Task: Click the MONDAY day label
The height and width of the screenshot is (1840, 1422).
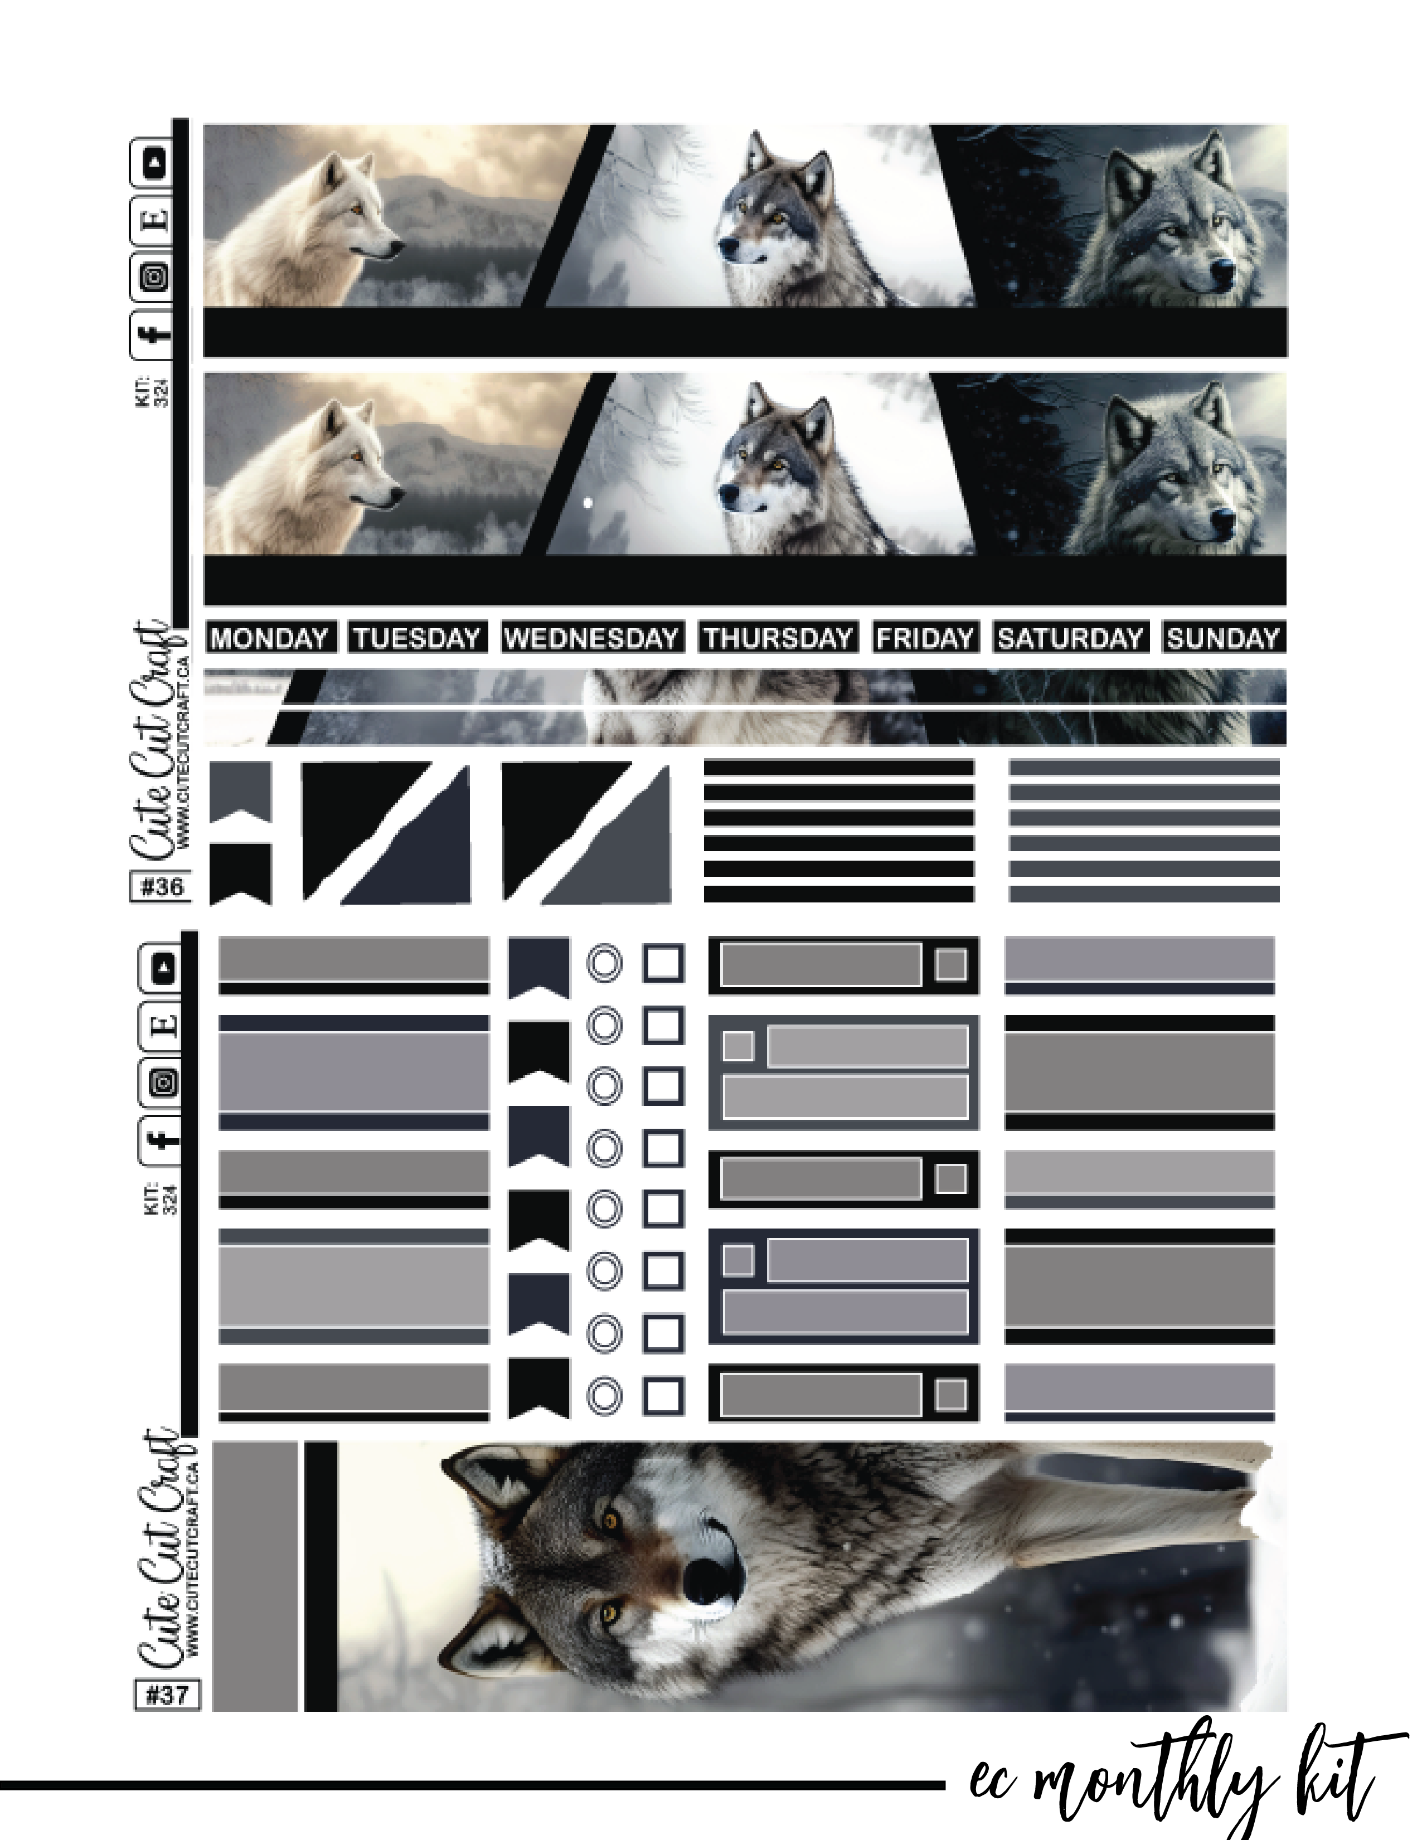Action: pos(270,638)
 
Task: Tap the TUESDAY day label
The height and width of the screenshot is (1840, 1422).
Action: pos(417,638)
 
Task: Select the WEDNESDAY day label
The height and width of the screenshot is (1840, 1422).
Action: pos(591,638)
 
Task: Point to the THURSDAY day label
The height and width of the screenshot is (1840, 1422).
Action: pos(778,638)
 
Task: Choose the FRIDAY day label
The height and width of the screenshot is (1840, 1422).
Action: pos(924,638)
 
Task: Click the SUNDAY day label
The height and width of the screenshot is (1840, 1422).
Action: pos(1222,638)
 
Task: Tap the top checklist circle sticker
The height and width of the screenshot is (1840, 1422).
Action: pos(604,964)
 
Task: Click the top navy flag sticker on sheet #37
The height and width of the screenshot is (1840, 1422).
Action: pos(538,968)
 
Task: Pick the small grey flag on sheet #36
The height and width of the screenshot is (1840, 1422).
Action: pos(240,791)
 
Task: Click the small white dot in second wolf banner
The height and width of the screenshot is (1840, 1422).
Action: pos(587,503)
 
